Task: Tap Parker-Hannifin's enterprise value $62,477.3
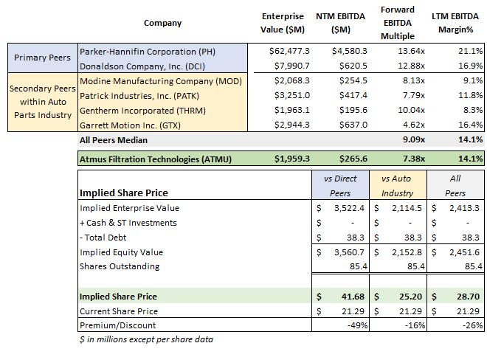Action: tap(290, 51)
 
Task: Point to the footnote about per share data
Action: tap(141, 339)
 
